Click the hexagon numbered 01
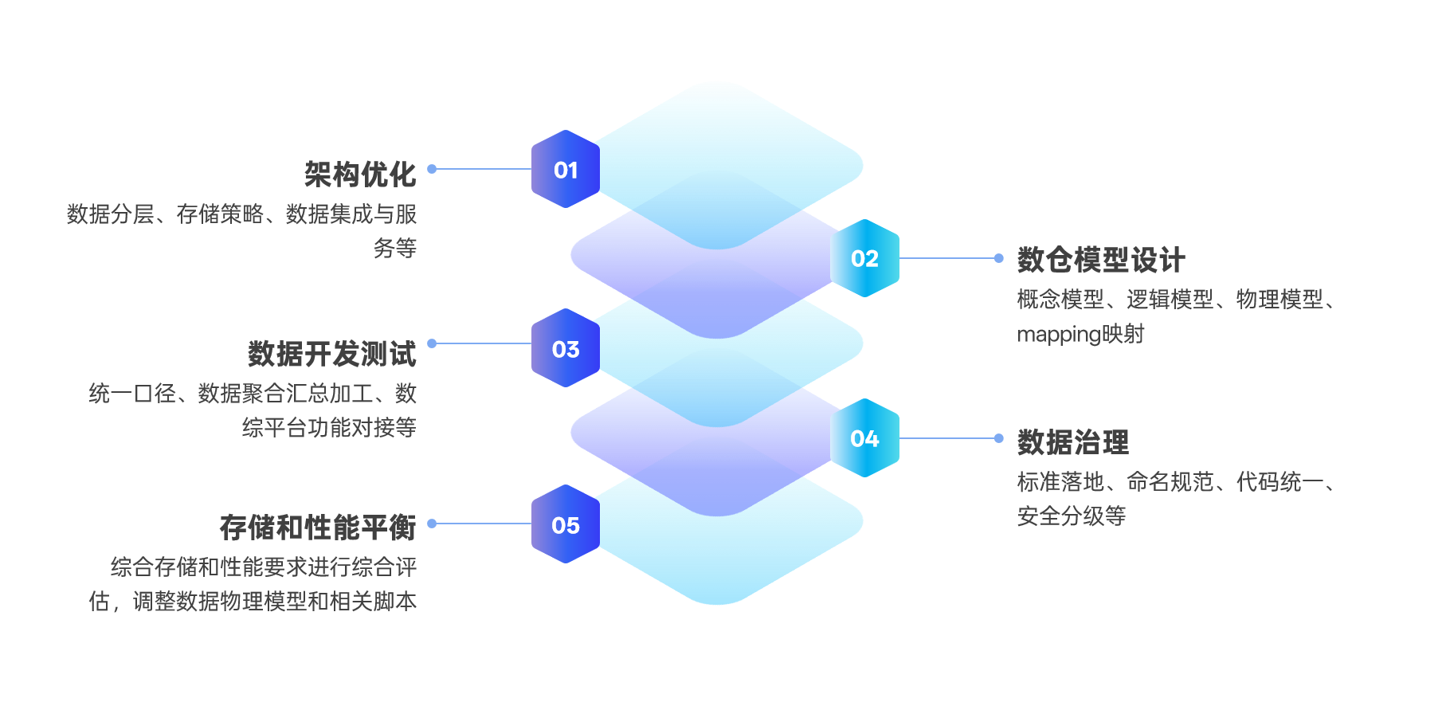point(566,169)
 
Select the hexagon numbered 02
point(864,258)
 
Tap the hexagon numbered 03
point(566,348)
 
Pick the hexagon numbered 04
point(864,438)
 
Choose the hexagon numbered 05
point(566,524)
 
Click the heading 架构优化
point(360,175)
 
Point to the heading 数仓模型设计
point(1101,260)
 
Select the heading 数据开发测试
point(332,354)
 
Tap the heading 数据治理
point(1073,442)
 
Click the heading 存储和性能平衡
point(318,528)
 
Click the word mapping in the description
point(1059,335)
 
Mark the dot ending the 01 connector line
point(432,169)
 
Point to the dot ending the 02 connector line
point(999,258)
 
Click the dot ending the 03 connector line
point(432,343)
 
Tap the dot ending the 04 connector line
point(999,438)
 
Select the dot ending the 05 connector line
point(432,524)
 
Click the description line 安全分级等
point(1072,516)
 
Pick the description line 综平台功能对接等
point(329,428)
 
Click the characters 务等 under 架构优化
point(395,249)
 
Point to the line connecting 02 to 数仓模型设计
point(948,258)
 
